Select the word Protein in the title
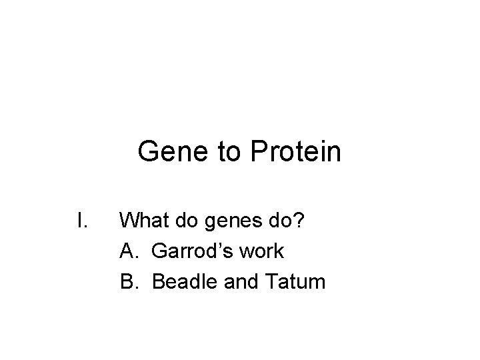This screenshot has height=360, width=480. click(296, 152)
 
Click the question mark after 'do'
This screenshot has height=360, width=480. click(299, 219)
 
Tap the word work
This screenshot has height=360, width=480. click(259, 251)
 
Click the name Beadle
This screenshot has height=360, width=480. click(182, 282)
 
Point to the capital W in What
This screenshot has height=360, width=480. click(129, 219)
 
